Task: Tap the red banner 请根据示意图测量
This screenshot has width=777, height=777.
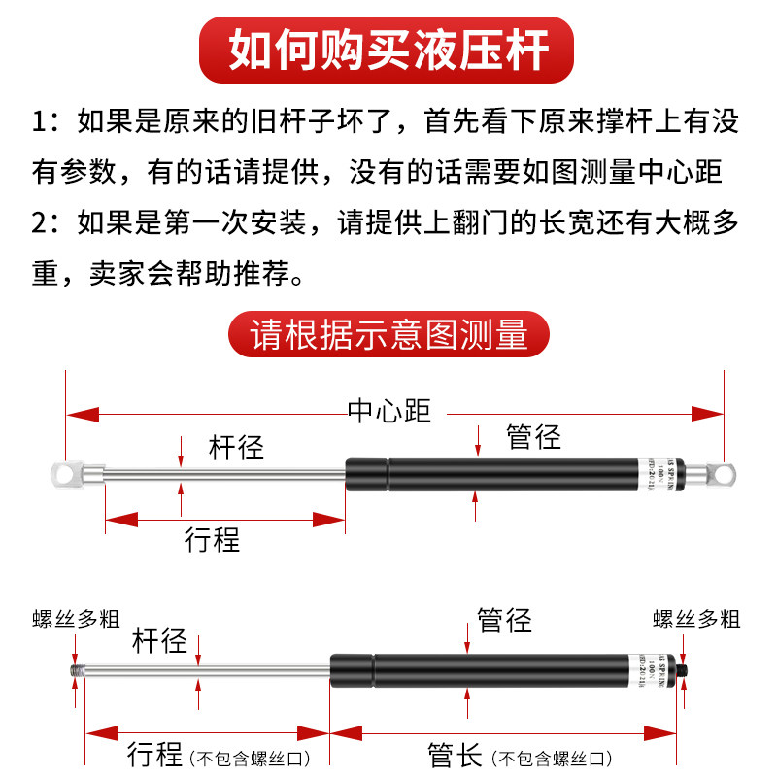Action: tap(388, 333)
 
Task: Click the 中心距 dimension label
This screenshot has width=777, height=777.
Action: tap(388, 412)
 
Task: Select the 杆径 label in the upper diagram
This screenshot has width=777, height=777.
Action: tap(236, 448)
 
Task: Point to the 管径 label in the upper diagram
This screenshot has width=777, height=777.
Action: tap(533, 437)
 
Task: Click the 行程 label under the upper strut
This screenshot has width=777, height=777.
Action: tap(212, 539)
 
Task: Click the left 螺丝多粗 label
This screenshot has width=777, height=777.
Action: tap(75, 619)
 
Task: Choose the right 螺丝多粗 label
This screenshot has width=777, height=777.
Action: tap(696, 619)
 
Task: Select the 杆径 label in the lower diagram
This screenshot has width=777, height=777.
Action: tap(159, 641)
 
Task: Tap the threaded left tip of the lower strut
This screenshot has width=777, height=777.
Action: tap(75, 669)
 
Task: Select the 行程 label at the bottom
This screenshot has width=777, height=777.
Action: tap(155, 754)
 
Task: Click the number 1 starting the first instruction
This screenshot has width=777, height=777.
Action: tap(39, 123)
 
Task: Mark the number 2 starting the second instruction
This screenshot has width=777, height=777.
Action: tap(39, 220)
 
